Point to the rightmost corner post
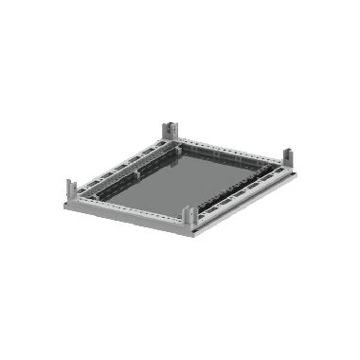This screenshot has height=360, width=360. pyautogui.click(x=285, y=157)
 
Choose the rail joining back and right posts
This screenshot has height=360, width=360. pyautogui.click(x=229, y=146)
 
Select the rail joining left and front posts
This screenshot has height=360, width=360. pyautogui.click(x=127, y=209)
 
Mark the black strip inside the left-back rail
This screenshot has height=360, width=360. pyautogui.click(x=123, y=167)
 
